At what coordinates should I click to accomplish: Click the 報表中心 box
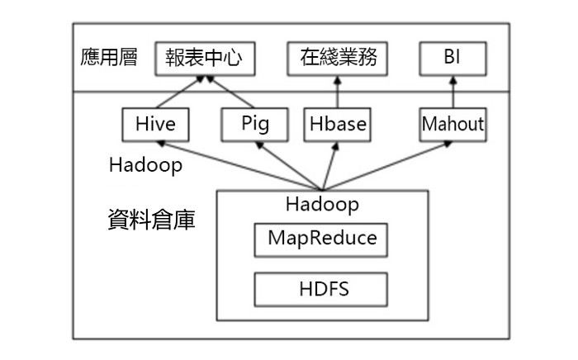click(x=203, y=59)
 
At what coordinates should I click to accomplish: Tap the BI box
click(x=452, y=59)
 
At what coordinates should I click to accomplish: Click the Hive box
click(x=155, y=125)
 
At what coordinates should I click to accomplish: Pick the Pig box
click(x=255, y=125)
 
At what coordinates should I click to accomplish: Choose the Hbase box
click(x=337, y=125)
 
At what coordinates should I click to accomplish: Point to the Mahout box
click(x=452, y=125)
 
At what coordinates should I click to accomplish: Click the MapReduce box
click(x=322, y=239)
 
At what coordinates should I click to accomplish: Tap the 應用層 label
click(x=107, y=58)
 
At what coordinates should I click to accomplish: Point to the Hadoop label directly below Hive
click(x=145, y=164)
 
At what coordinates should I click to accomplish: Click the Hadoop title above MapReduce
click(x=322, y=202)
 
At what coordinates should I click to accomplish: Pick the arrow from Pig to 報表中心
click(x=232, y=92)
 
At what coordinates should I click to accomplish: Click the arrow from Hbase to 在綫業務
click(x=337, y=92)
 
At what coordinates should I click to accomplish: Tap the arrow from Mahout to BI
click(x=452, y=92)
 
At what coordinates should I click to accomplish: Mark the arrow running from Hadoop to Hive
click(x=239, y=166)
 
